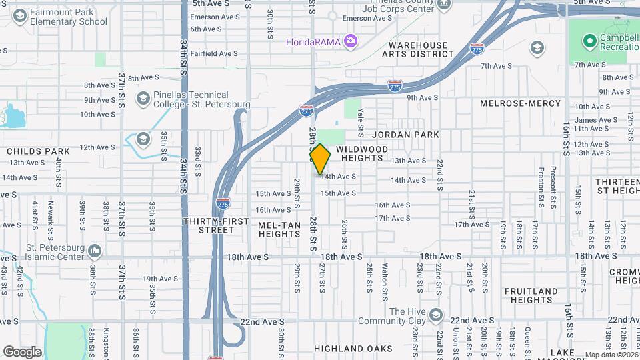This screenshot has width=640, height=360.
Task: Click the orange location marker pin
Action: (320, 159)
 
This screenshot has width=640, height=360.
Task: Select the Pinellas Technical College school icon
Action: (142, 99)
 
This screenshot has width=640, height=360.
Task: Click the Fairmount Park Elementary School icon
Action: (19, 15)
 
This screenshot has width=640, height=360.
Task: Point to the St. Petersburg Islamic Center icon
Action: (95, 251)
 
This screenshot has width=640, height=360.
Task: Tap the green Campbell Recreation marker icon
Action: (589, 42)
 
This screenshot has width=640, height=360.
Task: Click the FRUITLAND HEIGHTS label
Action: (531, 296)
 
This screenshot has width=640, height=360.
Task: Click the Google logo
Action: (22, 352)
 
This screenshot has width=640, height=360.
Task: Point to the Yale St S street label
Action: (360, 119)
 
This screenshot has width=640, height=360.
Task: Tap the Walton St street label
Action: (385, 277)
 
